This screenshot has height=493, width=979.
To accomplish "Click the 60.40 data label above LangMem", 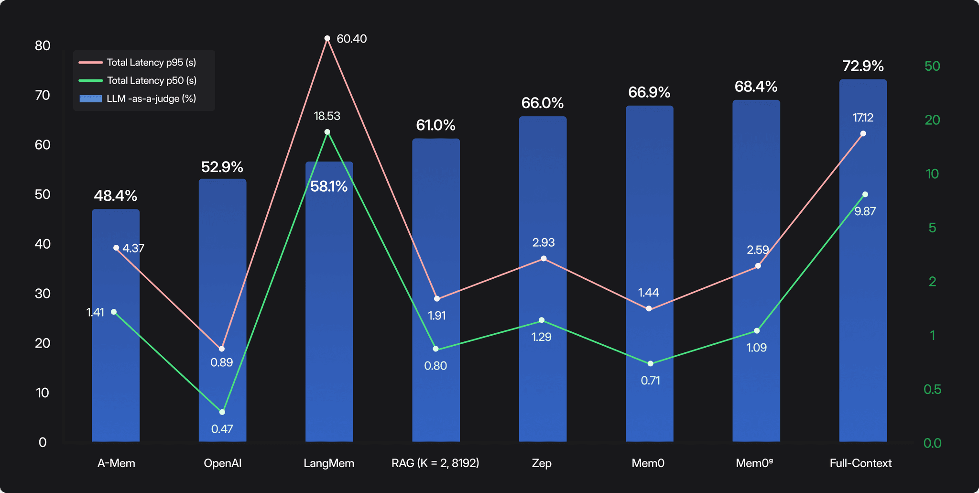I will (351, 39).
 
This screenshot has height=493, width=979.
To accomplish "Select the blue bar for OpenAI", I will (222, 287).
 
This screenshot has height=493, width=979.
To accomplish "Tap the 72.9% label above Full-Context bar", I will (863, 66).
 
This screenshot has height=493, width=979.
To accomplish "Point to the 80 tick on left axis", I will (43, 46).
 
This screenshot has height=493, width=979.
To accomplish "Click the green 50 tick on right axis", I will (932, 66).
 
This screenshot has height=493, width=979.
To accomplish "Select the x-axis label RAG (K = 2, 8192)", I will (435, 463).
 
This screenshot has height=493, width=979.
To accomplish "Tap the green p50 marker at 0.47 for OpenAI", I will (222, 412).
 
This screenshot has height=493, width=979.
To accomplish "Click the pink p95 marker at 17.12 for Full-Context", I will (863, 134).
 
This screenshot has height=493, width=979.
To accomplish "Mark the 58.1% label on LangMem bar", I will (329, 186).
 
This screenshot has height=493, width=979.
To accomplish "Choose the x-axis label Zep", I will (542, 463).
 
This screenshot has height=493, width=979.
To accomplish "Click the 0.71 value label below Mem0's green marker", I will (650, 381).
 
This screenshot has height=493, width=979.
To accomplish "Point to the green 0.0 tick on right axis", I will (932, 443).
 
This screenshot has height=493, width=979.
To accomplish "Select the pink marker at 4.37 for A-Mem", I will (116, 248).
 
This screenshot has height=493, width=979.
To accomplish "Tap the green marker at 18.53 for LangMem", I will (327, 132).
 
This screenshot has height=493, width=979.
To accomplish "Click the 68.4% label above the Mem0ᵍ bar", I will (756, 87).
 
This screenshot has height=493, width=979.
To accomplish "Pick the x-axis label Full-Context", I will (860, 463).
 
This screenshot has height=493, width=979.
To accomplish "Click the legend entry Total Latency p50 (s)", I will (151, 81).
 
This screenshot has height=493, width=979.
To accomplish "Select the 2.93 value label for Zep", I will (544, 242).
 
